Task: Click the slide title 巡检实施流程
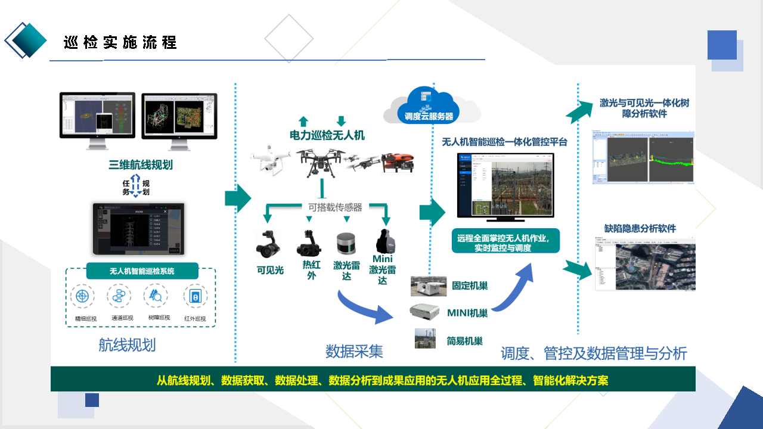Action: pos(120,43)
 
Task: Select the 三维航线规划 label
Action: pos(141,164)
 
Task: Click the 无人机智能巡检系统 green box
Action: pos(142,271)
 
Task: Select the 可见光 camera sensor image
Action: pos(267,244)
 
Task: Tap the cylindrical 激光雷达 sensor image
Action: pos(346,244)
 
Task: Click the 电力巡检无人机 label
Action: pos(327,135)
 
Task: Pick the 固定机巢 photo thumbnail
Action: pos(428,286)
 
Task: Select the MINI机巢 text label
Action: pos(467,313)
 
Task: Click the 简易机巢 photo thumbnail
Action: pos(425,338)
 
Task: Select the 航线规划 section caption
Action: pos(127,345)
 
